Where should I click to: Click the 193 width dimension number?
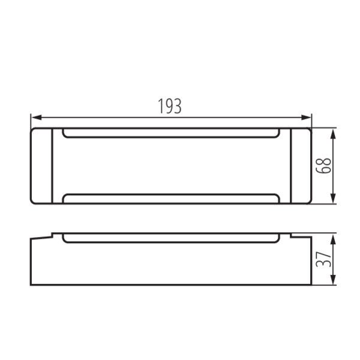point(170,106)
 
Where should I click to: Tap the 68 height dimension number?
point(323,166)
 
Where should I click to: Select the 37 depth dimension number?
point(323,259)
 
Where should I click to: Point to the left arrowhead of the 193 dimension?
point(37,118)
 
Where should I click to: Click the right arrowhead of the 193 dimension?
point(306,118)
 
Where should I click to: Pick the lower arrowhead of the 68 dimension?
point(333,199)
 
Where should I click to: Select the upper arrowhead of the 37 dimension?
point(333,239)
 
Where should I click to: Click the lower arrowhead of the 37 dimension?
point(333,280)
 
